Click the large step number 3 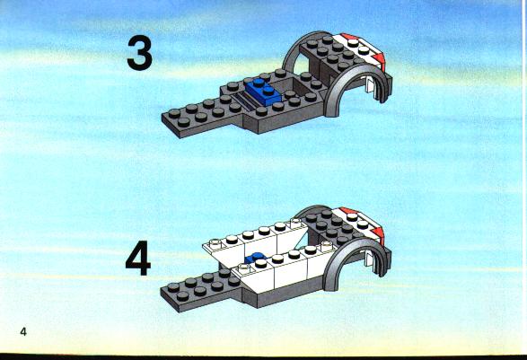pos(140,53)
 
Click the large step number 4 pos(138,259)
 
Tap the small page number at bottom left pos(23,332)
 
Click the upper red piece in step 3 pos(349,36)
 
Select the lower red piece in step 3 pos(379,59)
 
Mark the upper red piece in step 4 pos(348,211)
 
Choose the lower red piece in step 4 pos(379,233)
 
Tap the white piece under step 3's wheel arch pos(369,85)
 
